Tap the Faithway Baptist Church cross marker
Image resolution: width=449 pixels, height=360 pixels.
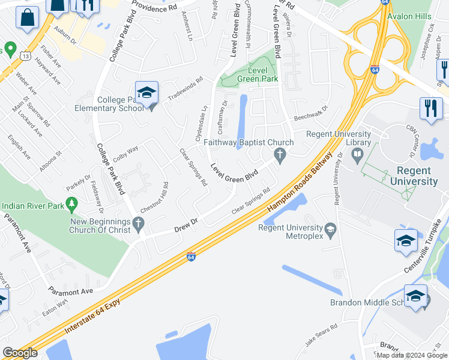pos(279,155)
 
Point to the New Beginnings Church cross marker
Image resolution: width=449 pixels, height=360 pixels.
pos(139,225)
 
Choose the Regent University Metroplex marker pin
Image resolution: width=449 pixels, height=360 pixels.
pos(330,229)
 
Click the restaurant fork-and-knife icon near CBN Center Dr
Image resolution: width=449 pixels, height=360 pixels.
pos(430,109)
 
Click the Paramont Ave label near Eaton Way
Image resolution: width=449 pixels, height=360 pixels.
pos(71,292)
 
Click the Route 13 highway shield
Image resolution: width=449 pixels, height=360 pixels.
pos(25,56)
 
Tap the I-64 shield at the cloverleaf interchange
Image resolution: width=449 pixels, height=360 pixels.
pos(374,70)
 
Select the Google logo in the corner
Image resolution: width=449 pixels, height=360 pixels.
pos(20,353)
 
